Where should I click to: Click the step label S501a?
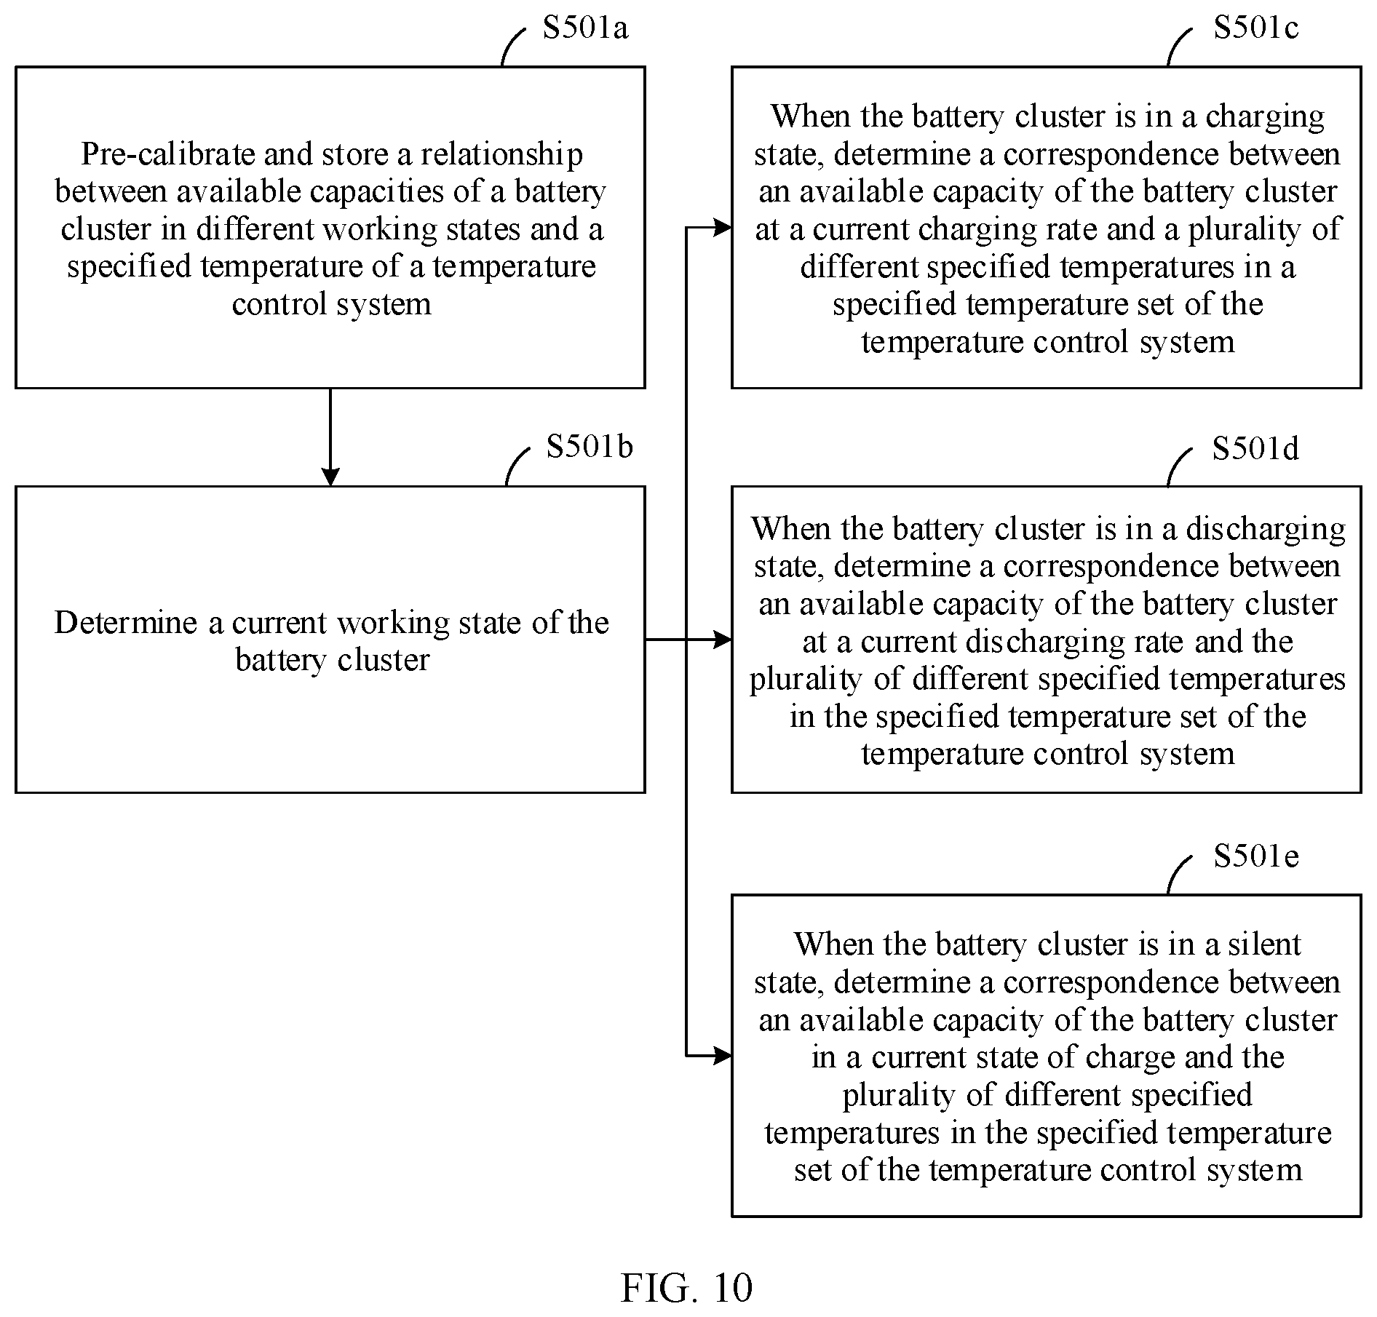click(x=585, y=28)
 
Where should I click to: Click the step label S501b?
click(x=590, y=446)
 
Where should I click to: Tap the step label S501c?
click(x=1255, y=28)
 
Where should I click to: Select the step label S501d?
click(x=1255, y=448)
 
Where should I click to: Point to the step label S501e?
click(x=1255, y=856)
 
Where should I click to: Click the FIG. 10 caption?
click(x=686, y=1287)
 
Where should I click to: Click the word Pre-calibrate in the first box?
click(x=167, y=154)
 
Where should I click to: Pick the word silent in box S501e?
click(x=1264, y=944)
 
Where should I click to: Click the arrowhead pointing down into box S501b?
click(x=330, y=477)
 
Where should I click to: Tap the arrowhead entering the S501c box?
click(x=722, y=228)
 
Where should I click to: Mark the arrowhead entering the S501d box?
click(x=722, y=640)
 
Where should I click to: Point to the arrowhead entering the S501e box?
click(x=722, y=1056)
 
